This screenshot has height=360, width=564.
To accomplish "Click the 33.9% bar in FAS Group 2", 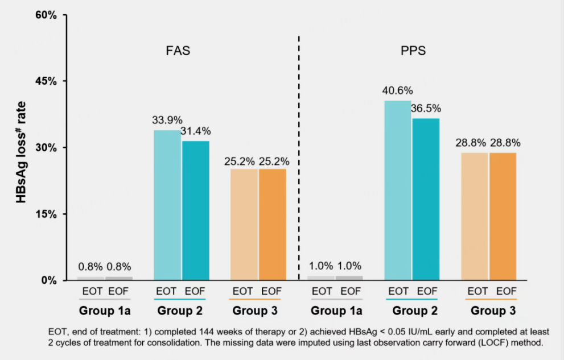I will click(167, 205).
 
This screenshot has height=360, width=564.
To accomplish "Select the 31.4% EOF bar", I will click(195, 210).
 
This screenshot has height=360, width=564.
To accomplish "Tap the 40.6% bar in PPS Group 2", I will click(398, 191).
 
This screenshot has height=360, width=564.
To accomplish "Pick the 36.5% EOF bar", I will click(426, 199).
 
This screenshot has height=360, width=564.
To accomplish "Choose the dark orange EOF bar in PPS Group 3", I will click(503, 217).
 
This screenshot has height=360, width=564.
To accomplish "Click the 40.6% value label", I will click(398, 90).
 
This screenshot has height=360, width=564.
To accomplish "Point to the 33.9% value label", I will click(167, 120).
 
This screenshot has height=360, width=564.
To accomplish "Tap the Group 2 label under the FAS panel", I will click(179, 311).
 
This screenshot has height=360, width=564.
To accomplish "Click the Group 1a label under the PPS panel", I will click(336, 311).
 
